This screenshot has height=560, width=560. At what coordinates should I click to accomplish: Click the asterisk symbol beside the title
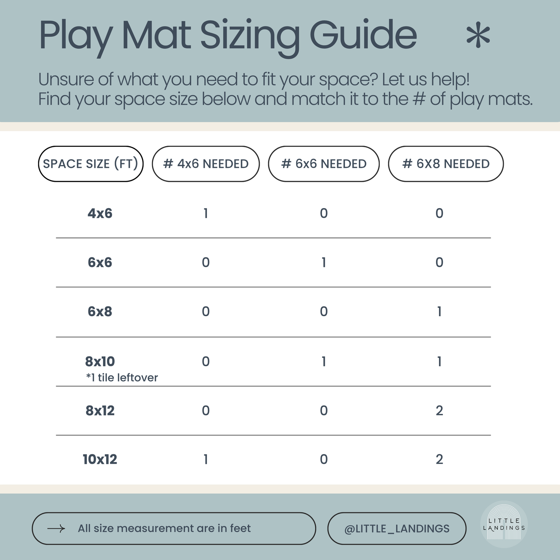pos(478,36)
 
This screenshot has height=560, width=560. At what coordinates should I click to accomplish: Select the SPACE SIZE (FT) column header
pos(91,164)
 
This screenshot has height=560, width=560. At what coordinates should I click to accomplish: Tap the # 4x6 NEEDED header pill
pos(206,164)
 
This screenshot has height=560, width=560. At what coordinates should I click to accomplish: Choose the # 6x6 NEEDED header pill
pos(324,164)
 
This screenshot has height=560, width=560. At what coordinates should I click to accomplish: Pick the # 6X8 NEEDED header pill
pos(446,164)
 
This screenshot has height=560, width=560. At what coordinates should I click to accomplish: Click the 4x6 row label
pos(100,214)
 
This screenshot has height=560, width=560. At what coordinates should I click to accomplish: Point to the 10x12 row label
pos(100,460)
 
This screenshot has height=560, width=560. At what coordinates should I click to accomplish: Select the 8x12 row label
pos(100,411)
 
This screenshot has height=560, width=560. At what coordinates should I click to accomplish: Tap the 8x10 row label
pos(100,362)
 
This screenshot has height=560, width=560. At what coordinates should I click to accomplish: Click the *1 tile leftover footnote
pos(122,378)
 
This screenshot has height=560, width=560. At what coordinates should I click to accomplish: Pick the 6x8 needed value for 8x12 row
pos(439,411)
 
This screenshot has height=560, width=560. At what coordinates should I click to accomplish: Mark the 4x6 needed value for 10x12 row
pos(206,460)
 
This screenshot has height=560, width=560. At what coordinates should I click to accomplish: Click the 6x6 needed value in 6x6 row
pos(324,263)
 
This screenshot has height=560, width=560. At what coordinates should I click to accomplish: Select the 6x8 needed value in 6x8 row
pos(439,312)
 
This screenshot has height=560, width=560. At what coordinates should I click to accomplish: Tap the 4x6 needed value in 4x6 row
pos(206,214)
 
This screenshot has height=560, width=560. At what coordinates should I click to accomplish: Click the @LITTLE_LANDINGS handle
pos(397,529)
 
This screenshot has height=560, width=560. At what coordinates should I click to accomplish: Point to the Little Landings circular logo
pos(504,524)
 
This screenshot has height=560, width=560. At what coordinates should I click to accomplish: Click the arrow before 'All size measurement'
pos(56,529)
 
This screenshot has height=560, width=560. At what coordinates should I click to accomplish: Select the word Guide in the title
pos(363,36)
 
